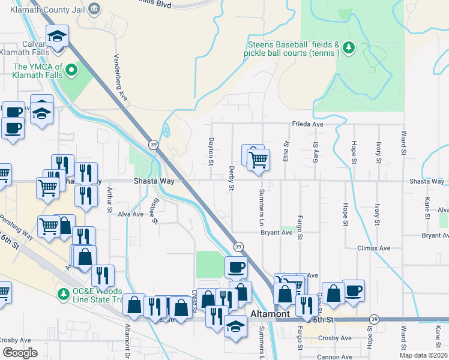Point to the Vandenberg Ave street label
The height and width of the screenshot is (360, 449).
pyautogui.click(x=121, y=77)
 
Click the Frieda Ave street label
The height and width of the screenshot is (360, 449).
pyautogui.click(x=308, y=124)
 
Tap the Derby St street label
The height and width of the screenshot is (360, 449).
pyautogui.click(x=231, y=179)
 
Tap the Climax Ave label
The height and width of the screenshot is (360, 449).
pyautogui.click(x=373, y=248)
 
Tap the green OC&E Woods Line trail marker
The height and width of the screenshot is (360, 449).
pyautogui.click(x=62, y=293)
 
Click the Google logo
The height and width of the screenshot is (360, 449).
pyautogui.click(x=20, y=353)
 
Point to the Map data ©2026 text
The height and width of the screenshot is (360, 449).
pyautogui.click(x=424, y=355)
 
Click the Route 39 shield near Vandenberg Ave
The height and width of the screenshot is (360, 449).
pyautogui.click(x=153, y=145)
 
